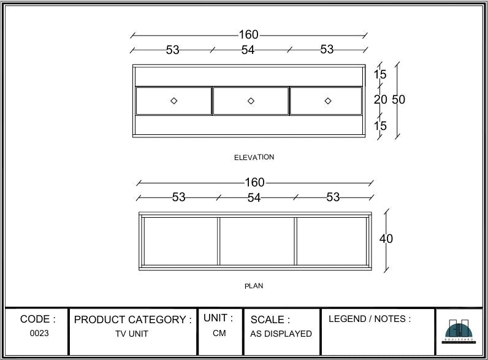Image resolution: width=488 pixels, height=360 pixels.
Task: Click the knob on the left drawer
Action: pyautogui.click(x=173, y=101)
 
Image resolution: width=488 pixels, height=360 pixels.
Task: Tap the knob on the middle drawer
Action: pyautogui.click(x=251, y=101)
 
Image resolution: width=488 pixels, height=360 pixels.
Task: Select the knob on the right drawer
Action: pyautogui.click(x=327, y=101)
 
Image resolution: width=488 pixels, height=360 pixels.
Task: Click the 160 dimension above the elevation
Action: pyautogui.click(x=248, y=35)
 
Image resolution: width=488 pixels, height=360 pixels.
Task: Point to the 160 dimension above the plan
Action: pyautogui.click(x=254, y=182)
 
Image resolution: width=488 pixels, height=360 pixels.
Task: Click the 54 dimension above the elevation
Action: pyautogui.click(x=248, y=50)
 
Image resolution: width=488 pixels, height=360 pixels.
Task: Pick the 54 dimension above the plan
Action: pyautogui.click(x=254, y=197)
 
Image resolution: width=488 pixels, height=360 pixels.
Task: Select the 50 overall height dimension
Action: pyautogui.click(x=398, y=99)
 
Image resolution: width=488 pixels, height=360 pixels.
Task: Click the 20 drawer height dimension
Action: pyautogui.click(x=380, y=99)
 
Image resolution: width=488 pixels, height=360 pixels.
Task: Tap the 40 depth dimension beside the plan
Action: pyautogui.click(x=386, y=239)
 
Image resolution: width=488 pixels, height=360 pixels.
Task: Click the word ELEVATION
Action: pyautogui.click(x=254, y=157)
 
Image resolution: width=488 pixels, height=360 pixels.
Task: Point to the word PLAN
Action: pyautogui.click(x=254, y=286)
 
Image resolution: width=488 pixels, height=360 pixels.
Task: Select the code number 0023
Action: pyautogui.click(x=39, y=334)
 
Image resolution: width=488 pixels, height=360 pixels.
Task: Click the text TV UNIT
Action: pyautogui.click(x=132, y=334)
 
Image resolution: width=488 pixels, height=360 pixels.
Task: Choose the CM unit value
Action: pyautogui.click(x=219, y=334)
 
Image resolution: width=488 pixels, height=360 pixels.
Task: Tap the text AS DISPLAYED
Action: pyautogui.click(x=281, y=334)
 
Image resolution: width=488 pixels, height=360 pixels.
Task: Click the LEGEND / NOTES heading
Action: pyautogui.click(x=370, y=319)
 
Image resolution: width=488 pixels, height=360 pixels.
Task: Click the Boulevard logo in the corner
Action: pyautogui.click(x=459, y=332)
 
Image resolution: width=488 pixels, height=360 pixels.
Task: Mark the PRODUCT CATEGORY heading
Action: pyautogui.click(x=133, y=320)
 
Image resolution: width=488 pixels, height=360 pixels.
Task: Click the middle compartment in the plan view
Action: pyautogui.click(x=257, y=240)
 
